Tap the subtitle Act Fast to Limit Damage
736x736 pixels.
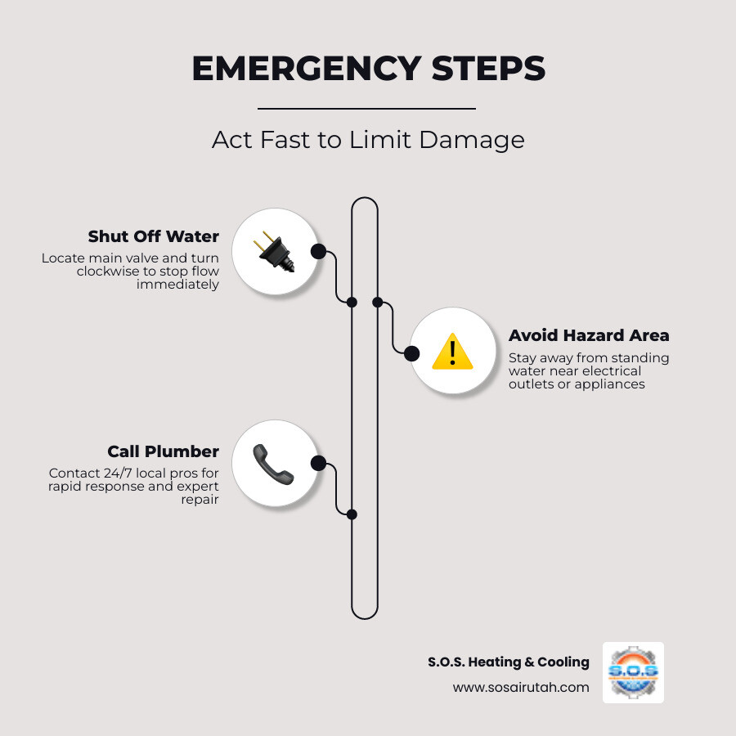[x=368, y=139]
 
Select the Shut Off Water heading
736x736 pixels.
[x=154, y=236]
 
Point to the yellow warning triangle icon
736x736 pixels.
[x=452, y=352]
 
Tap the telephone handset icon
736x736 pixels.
[x=273, y=463]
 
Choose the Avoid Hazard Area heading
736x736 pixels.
[x=589, y=335]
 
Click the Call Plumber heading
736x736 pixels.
[x=164, y=451]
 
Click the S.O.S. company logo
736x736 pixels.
[x=633, y=672]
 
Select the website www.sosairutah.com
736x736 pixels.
[x=521, y=687]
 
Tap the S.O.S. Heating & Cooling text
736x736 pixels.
[x=508, y=662]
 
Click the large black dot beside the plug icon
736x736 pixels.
[x=318, y=251]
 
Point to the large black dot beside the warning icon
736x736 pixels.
[x=412, y=353]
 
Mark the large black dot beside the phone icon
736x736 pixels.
[x=318, y=463]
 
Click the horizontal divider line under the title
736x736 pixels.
[x=366, y=108]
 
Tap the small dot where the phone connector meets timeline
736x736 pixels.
[x=352, y=514]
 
